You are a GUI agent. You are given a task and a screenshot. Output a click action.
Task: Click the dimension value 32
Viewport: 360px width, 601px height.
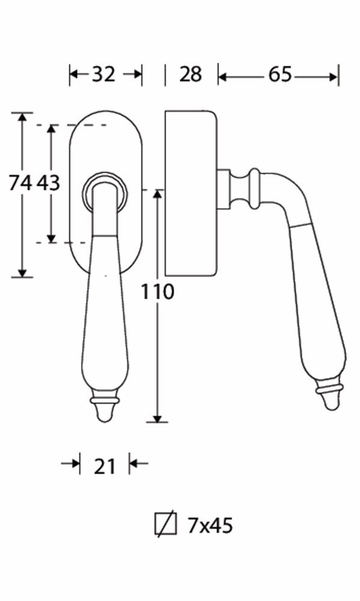(103, 74)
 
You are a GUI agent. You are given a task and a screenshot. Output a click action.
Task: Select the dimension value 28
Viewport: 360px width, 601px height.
(190, 74)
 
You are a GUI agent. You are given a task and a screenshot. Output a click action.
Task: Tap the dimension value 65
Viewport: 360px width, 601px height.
(280, 74)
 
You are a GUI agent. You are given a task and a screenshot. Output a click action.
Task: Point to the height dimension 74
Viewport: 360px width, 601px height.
(20, 183)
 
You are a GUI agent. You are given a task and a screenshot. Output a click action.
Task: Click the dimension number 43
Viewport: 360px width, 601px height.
(49, 183)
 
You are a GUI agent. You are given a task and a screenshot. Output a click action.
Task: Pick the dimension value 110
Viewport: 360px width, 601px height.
(157, 291)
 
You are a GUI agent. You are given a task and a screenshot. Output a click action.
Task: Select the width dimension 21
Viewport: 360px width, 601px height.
(105, 466)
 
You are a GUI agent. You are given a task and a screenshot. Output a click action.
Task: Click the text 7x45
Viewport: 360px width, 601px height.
(210, 525)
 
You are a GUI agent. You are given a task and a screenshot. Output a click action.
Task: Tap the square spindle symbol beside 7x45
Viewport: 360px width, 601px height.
(166, 524)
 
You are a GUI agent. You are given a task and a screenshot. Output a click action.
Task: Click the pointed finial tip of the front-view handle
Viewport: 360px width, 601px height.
(105, 421)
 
